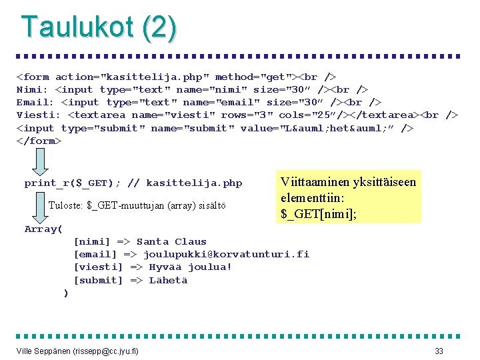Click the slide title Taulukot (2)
pyautogui.click(x=99, y=27)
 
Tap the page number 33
pyautogui.click(x=439, y=351)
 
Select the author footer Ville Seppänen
pyautogui.click(x=77, y=351)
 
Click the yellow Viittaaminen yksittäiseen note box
pyautogui.click(x=349, y=197)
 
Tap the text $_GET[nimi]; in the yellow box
pyautogui.click(x=319, y=213)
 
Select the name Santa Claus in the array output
pyautogui.click(x=171, y=242)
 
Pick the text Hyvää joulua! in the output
pyautogui.click(x=190, y=267)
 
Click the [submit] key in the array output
pyautogui.click(x=98, y=280)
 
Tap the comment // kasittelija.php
pyautogui.click(x=185, y=183)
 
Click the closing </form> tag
pyautogui.click(x=39, y=141)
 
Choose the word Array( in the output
pyautogui.click(x=43, y=229)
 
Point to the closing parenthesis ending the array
pyautogui.click(x=65, y=293)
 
